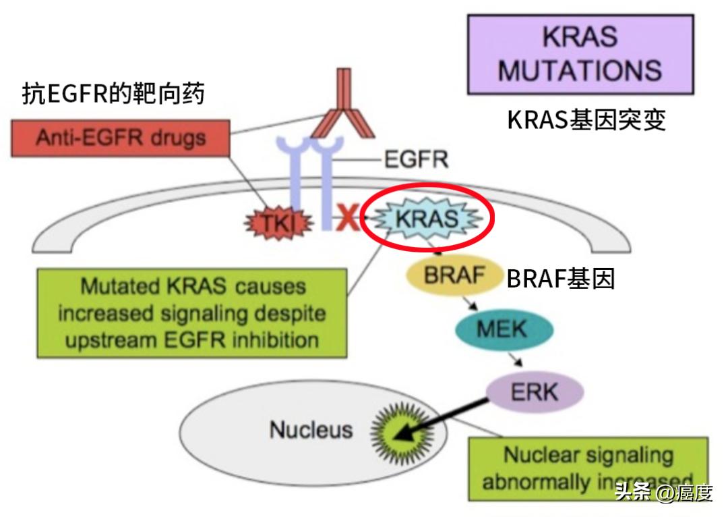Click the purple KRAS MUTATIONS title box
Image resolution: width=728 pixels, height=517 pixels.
pos(580,55)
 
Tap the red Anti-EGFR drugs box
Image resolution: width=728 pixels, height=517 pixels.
pos(121,138)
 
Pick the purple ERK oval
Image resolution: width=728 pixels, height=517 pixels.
pos(535,391)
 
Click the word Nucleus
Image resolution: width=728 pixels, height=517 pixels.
pos(311,429)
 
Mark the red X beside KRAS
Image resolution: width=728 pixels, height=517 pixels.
pos(348,220)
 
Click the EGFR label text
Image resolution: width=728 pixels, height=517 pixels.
pos(416,160)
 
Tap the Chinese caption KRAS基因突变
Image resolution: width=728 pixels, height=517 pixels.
pos(586,119)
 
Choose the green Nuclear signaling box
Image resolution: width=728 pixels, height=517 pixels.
pos(588,468)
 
